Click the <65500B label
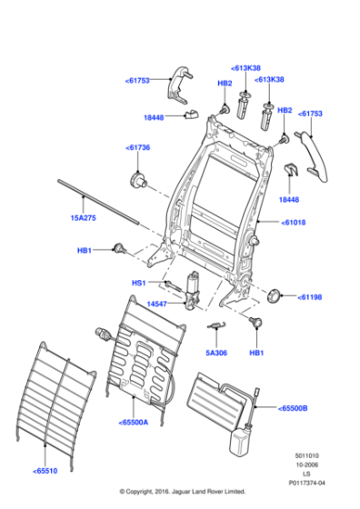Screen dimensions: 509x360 pyautogui.click(x=293, y=408)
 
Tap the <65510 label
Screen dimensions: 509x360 pyautogui.click(x=47, y=471)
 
